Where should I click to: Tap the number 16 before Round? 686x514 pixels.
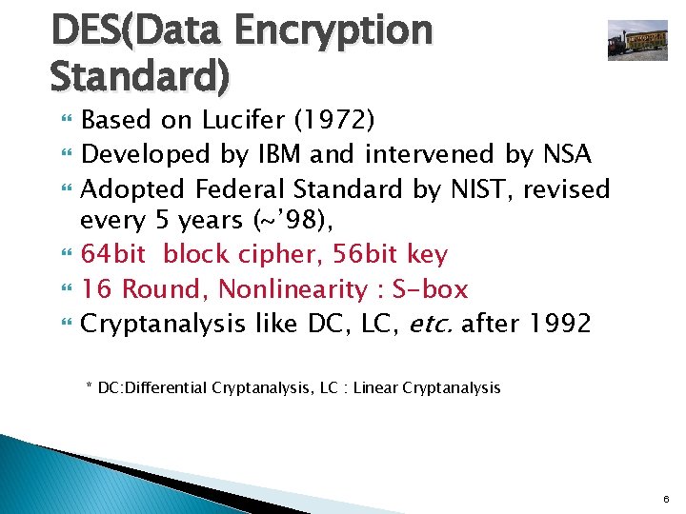[x=96, y=288]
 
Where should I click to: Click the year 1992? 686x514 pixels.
[x=557, y=324]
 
